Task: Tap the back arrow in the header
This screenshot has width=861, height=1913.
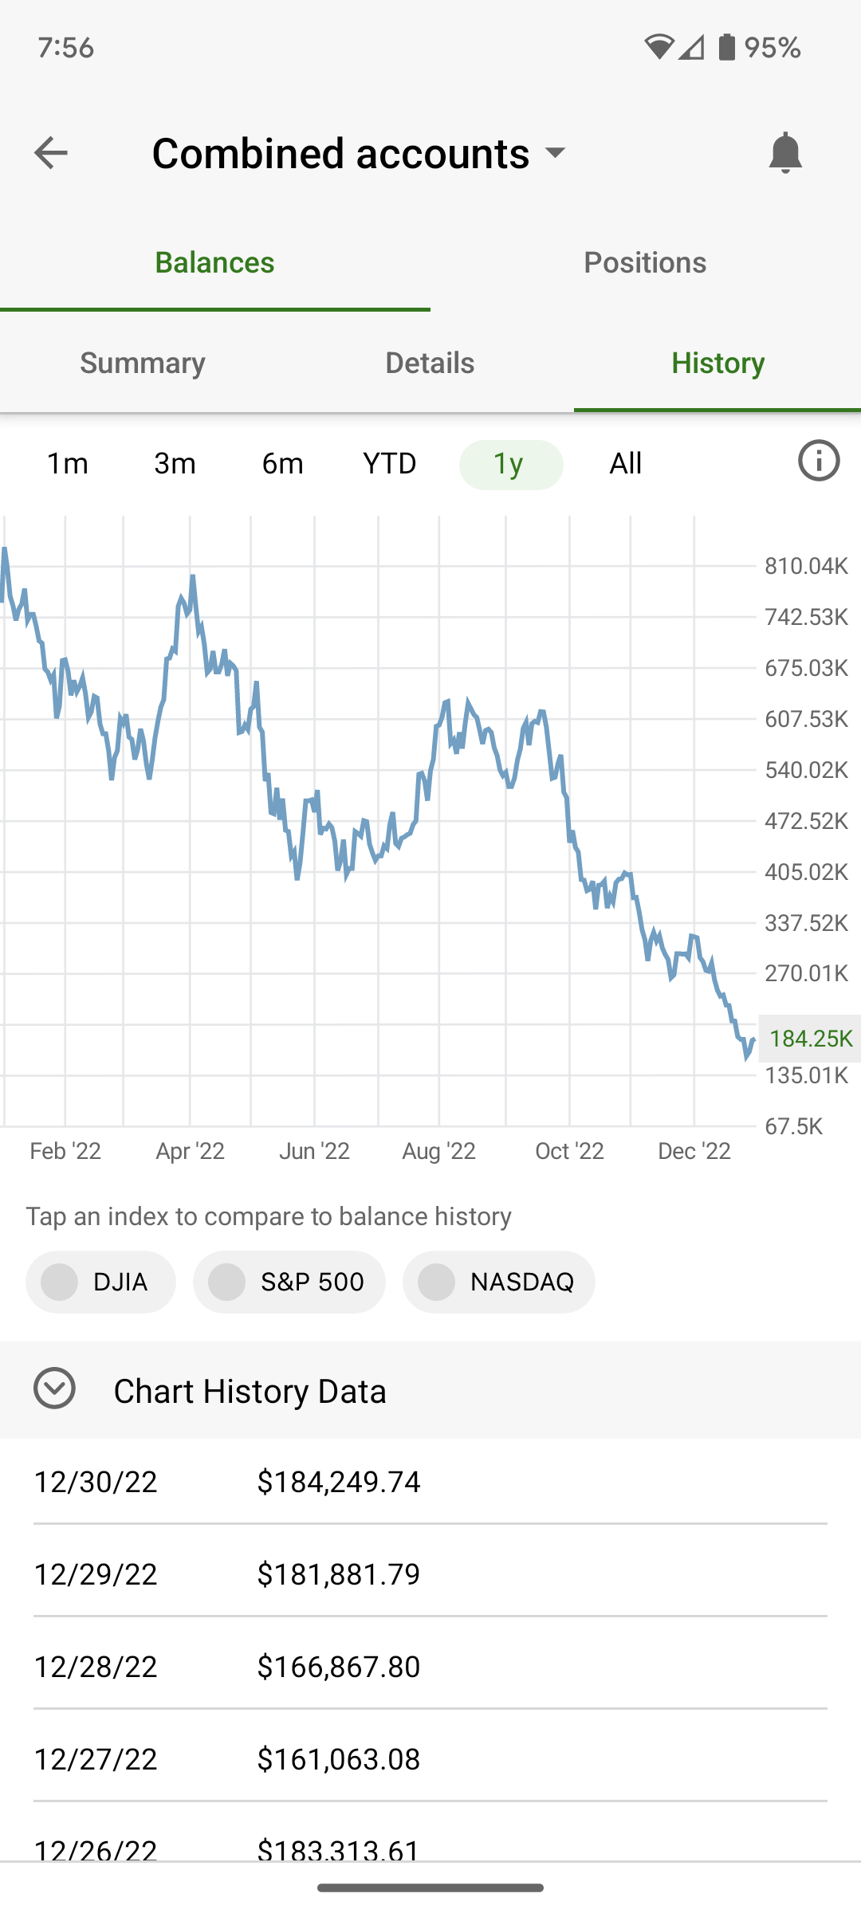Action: point(50,152)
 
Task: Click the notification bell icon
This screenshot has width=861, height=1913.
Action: point(784,152)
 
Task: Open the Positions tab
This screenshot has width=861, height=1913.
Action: point(645,262)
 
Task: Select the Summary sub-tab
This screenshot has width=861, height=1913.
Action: point(143,363)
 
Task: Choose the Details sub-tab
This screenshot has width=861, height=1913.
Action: point(430,363)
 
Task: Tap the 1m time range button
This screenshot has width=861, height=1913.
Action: point(68,463)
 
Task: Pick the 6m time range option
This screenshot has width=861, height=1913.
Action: point(282,463)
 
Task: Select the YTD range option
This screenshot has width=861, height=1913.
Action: point(390,463)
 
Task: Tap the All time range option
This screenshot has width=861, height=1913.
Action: point(625,463)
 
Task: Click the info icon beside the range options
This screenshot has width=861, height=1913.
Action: point(819,461)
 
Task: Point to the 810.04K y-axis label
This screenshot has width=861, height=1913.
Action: point(806,566)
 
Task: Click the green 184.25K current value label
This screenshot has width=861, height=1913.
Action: point(810,1038)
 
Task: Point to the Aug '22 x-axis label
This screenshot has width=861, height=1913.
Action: point(438,1150)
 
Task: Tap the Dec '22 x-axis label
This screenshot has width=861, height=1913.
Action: point(694,1150)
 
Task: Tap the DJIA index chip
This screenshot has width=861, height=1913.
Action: point(101,1282)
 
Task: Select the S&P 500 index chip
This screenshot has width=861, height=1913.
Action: point(289,1282)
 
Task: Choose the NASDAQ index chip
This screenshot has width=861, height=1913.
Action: point(499,1282)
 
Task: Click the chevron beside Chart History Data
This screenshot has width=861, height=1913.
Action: point(54,1388)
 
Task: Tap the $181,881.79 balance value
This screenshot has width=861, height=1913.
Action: point(339,1573)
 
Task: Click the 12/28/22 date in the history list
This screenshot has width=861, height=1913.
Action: point(96,1666)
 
